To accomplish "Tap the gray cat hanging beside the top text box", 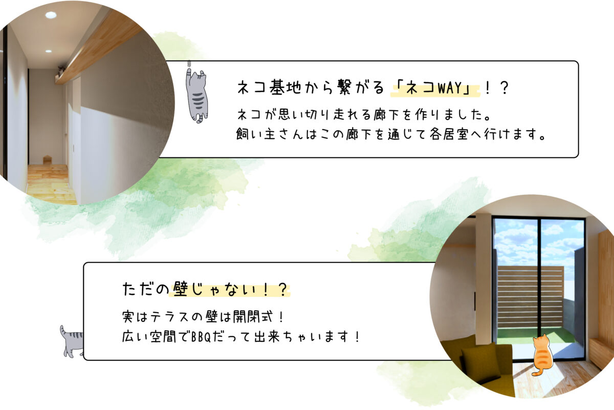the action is point(197,95).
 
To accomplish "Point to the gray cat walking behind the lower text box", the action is point(72,341).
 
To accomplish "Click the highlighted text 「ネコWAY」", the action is point(435,89).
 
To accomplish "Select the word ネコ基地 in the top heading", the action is point(269,88).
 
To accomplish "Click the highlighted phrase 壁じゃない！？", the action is point(230,290).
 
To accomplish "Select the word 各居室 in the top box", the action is point(449,134).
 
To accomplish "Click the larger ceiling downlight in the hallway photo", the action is point(51,15).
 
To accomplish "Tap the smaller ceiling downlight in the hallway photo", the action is point(49,51).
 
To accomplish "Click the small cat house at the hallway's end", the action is point(47,160).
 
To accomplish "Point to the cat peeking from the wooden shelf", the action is point(61,70).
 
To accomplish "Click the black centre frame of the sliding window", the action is point(539,289).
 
